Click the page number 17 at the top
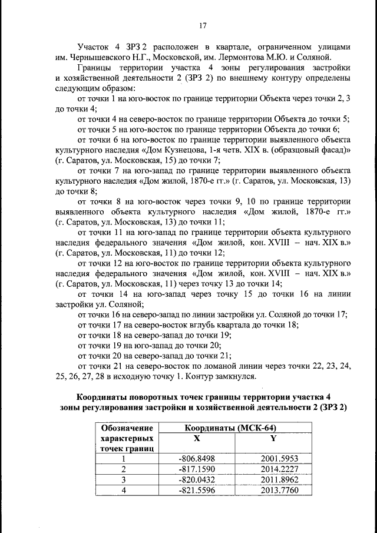coord(202,25)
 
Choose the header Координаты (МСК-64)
coord(231,428)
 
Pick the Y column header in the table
coord(273,439)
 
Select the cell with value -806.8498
coord(197,459)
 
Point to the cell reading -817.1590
coord(197,469)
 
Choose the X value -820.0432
coord(197,479)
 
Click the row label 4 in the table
coord(124,490)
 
